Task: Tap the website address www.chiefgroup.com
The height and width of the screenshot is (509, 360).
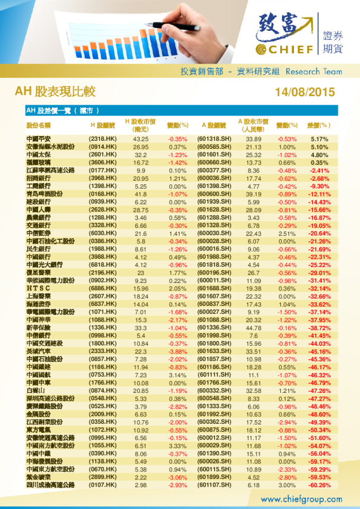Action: click(x=301, y=499)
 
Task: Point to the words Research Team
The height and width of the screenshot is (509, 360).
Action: click(x=313, y=71)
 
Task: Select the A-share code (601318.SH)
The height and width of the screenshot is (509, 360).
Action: click(x=215, y=139)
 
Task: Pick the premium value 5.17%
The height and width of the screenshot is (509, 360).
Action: click(x=319, y=139)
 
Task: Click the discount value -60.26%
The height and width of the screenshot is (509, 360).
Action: click(x=318, y=485)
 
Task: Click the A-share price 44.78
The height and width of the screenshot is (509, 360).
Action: click(x=254, y=328)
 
